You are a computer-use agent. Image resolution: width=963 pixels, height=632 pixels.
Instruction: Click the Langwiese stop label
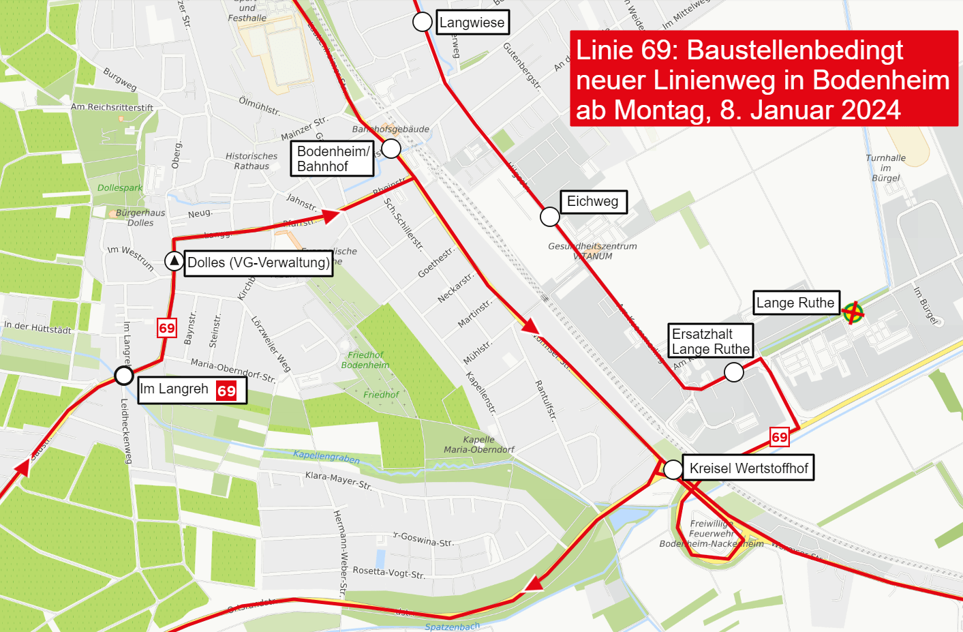[472, 22]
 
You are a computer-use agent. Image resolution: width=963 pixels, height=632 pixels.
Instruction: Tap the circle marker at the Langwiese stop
[423, 22]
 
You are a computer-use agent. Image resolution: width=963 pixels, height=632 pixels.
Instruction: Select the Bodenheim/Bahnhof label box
[333, 159]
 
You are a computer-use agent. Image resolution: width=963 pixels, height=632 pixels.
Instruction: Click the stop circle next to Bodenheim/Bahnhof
[391, 149]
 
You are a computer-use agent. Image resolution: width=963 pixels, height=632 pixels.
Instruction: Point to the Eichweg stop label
[593, 202]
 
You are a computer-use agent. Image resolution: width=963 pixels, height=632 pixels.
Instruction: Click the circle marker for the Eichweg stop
[550, 217]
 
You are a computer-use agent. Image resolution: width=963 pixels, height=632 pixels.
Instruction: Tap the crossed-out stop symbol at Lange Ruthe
[853, 313]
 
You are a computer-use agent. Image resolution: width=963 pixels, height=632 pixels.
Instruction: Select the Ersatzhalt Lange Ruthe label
[711, 342]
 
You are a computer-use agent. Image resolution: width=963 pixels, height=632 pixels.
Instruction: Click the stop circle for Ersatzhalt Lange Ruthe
[733, 372]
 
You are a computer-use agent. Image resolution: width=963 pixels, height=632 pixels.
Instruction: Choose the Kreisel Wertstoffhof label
[748, 468]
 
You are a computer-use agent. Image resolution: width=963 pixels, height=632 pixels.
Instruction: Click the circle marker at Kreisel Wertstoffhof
[673, 469]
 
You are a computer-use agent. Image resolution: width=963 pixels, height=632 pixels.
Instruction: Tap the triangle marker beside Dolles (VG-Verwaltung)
[174, 261]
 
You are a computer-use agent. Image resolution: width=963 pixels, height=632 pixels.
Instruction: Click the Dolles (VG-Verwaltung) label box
[258, 263]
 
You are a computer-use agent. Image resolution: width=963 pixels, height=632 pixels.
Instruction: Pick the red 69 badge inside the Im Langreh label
[226, 391]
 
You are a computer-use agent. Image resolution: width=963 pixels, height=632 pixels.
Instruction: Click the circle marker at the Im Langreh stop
[123, 375]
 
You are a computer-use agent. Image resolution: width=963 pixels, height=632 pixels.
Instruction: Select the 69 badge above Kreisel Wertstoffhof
[779, 437]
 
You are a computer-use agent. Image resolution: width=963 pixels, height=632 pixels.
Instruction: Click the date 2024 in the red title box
[871, 110]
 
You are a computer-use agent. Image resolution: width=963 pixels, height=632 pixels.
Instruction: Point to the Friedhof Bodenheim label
[365, 360]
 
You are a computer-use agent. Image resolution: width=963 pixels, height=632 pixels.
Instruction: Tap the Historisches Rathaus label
[251, 161]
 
